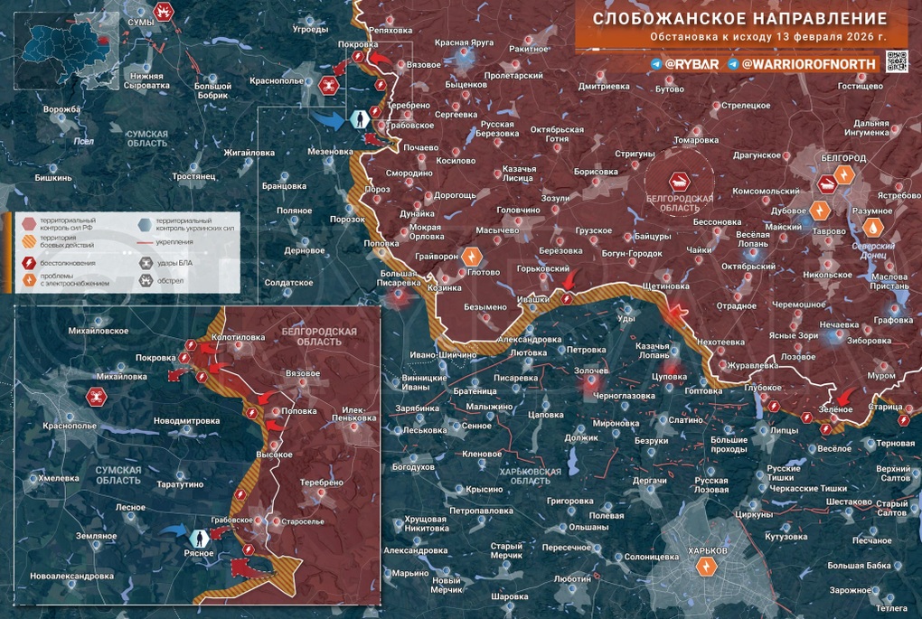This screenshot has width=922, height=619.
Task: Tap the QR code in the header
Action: click(x=897, y=61)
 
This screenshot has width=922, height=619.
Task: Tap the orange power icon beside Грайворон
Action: click(x=472, y=258)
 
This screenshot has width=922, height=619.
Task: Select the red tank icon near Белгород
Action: click(x=827, y=183)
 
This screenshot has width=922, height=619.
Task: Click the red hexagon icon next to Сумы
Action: click(x=164, y=12)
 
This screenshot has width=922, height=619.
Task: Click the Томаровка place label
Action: click(x=696, y=140)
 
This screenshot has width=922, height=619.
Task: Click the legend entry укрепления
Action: click(x=174, y=242)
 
